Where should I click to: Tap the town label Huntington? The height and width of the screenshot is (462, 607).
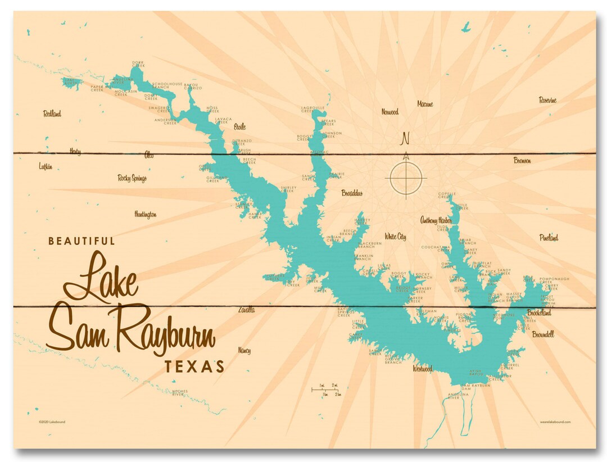click(145, 215)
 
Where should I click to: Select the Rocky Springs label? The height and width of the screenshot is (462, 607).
click(132, 179)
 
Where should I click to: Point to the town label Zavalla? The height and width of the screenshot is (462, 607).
click(246, 310)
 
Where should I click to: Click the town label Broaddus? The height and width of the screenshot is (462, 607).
click(352, 193)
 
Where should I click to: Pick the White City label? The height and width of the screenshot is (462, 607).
click(395, 237)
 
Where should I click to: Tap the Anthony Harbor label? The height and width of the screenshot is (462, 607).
click(436, 220)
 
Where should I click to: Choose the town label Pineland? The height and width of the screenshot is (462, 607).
click(549, 238)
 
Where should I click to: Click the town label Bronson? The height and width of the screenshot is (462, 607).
click(522, 161)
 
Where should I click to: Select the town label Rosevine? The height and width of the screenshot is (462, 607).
click(547, 101)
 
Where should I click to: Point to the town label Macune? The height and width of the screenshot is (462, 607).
click(425, 104)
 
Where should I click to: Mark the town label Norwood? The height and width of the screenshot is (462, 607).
click(389, 112)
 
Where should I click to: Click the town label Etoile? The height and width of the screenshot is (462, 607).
click(239, 127)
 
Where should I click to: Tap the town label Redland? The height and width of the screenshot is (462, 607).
click(52, 114)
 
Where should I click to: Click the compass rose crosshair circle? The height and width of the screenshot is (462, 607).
click(405, 179)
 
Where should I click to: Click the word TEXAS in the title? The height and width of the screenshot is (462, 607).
click(194, 367)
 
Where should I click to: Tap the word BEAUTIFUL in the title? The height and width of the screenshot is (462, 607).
click(81, 241)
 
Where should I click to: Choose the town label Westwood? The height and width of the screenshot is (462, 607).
click(422, 369)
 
